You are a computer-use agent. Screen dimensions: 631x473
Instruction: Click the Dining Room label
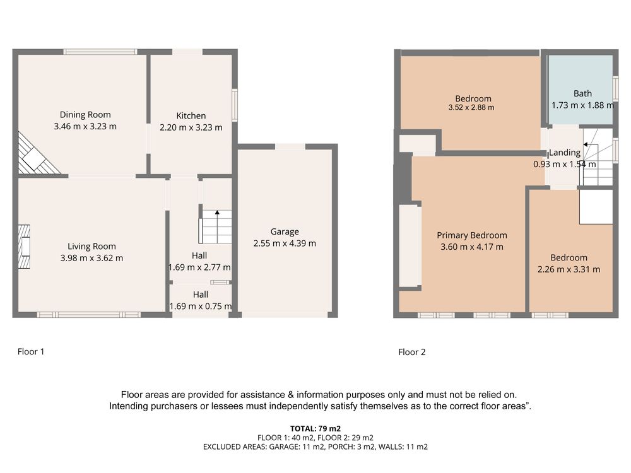pyautogui.click(x=85, y=115)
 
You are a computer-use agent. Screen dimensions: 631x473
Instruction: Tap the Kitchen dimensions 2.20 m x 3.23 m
pyautogui.click(x=191, y=127)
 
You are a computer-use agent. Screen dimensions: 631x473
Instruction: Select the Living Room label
pyautogui.click(x=91, y=247)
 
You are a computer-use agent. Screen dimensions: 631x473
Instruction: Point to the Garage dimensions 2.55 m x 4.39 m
pyautogui.click(x=285, y=243)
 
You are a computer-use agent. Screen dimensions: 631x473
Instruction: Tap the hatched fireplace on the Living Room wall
pyautogui.click(x=24, y=247)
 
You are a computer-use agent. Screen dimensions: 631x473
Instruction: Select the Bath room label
pyautogui.click(x=582, y=94)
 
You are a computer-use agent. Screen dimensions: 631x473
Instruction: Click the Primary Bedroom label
pyautogui.click(x=472, y=235)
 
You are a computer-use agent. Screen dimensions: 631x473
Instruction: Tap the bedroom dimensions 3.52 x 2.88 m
pyautogui.click(x=471, y=108)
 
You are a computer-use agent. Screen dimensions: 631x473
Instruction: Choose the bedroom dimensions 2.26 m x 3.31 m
pyautogui.click(x=569, y=269)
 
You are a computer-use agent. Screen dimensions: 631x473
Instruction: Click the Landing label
pyautogui.click(x=565, y=153)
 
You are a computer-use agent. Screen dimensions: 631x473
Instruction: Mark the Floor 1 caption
pyautogui.click(x=31, y=352)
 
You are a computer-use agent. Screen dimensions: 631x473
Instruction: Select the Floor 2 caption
pyautogui.click(x=411, y=353)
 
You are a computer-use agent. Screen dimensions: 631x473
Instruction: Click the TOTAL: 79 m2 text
pyautogui.click(x=315, y=429)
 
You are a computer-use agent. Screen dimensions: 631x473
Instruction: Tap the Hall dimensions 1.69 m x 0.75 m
pyautogui.click(x=201, y=307)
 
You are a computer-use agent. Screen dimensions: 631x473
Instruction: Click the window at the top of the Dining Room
pyautogui.click(x=100, y=52)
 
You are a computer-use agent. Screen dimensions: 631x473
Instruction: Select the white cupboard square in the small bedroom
pyautogui.click(x=596, y=207)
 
